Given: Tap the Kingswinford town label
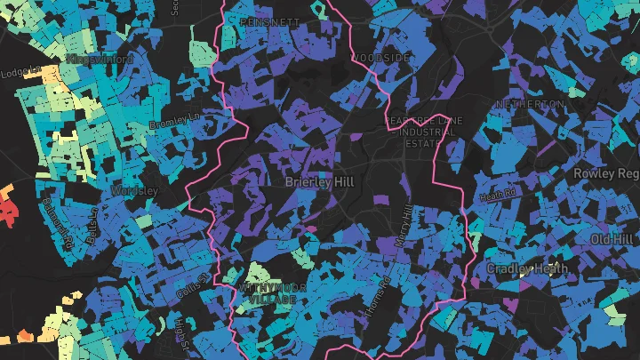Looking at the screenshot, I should [x=99, y=59].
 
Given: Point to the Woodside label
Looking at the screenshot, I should [x=381, y=58].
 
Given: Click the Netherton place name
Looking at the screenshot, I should [x=529, y=104].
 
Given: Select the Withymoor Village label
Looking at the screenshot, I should [x=267, y=293].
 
